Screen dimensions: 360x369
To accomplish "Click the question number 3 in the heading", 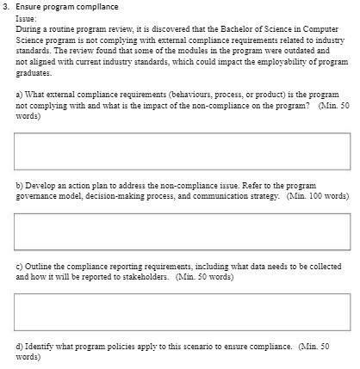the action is [5, 6].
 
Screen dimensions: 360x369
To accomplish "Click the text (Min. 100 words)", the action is [319, 196].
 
